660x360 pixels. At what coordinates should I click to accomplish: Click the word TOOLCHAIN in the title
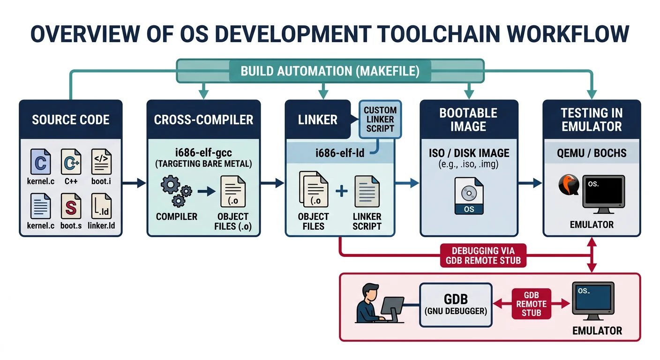411,34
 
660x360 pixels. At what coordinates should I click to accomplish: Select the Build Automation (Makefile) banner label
330,71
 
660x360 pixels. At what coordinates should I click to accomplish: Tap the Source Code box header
71,120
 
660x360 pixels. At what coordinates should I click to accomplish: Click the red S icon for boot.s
71,207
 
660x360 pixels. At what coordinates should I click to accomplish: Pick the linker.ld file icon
101,207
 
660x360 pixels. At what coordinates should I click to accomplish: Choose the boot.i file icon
101,161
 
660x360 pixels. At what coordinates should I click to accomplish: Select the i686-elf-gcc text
203,152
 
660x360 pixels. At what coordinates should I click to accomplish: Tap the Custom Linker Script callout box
380,119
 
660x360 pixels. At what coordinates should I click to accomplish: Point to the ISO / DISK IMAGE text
469,153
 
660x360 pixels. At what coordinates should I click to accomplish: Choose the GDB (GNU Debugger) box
456,305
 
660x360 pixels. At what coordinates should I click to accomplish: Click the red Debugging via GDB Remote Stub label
483,255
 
